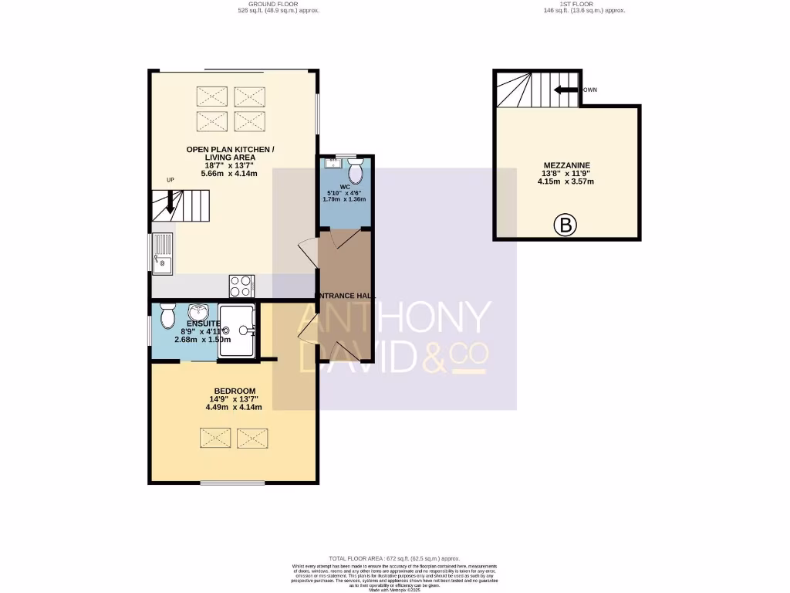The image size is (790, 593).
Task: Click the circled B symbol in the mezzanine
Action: tap(565, 226)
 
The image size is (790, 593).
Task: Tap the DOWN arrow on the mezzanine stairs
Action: tap(566, 90)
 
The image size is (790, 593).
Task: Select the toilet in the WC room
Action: tap(356, 169)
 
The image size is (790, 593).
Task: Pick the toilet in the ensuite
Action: tap(167, 316)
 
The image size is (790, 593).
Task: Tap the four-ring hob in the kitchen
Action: tap(241, 286)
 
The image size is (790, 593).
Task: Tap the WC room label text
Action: tap(345, 186)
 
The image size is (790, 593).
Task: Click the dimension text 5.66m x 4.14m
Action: tap(229, 174)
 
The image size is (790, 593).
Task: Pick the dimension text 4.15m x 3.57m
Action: tap(566, 181)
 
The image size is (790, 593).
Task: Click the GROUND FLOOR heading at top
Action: tap(278, 4)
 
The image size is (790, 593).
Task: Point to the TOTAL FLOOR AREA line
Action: tap(394, 558)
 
